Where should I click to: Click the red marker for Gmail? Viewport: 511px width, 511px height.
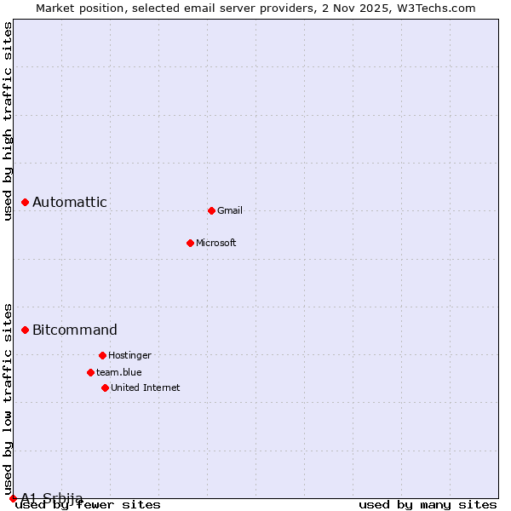tap(211, 210)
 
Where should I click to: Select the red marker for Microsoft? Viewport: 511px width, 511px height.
tap(190, 243)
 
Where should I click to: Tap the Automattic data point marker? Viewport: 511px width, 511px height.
tap(25, 202)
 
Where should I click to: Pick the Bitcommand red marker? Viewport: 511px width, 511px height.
tap(25, 330)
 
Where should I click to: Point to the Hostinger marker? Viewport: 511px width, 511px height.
tap(102, 355)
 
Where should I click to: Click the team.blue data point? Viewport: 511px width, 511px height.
tap(90, 372)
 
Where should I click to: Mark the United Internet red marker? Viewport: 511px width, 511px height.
tap(105, 388)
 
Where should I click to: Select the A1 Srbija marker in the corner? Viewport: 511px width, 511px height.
tap(13, 498)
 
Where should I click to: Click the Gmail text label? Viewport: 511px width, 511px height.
tap(230, 210)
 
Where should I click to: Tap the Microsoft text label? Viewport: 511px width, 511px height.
tap(216, 243)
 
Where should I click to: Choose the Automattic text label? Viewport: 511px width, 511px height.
tap(70, 202)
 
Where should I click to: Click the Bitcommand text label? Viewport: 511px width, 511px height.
tap(75, 330)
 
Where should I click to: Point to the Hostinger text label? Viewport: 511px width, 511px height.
tap(129, 355)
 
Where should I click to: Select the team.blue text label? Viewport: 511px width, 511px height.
tap(119, 372)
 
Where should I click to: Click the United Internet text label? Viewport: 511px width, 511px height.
tap(146, 388)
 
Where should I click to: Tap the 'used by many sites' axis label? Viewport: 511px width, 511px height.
tap(428, 505)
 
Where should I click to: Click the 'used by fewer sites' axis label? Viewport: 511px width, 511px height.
tap(89, 505)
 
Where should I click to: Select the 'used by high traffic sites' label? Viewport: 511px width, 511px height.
tap(9, 121)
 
